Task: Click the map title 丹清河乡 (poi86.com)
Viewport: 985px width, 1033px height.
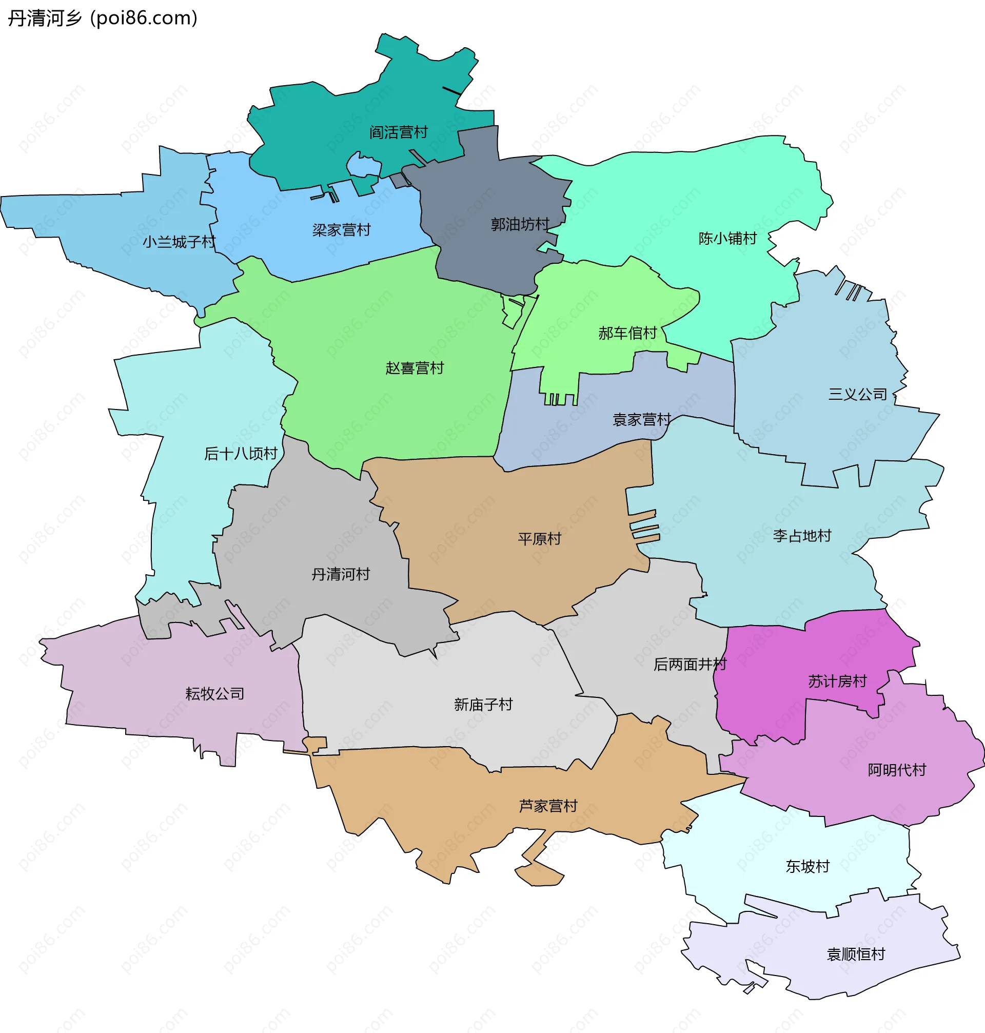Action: (x=103, y=18)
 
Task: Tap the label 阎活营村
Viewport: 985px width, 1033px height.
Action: (x=399, y=132)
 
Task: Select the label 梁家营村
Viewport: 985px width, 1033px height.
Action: (x=341, y=230)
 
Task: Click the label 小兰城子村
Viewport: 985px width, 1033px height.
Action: (x=179, y=242)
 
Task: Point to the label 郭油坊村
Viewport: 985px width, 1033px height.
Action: (x=520, y=225)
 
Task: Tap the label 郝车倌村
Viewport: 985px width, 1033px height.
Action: (x=627, y=333)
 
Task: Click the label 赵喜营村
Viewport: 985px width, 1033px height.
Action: (x=415, y=368)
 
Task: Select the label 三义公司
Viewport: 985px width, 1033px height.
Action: (x=857, y=395)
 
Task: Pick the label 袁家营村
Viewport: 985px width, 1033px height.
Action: (x=642, y=420)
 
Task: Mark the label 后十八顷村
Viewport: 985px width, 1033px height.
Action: (x=241, y=454)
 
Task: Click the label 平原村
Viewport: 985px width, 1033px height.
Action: (x=539, y=539)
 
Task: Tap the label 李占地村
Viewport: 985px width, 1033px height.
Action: (x=802, y=536)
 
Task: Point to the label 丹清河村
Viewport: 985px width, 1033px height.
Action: (x=341, y=574)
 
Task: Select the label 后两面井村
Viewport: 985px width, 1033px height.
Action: (x=689, y=665)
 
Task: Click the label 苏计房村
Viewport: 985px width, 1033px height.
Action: (x=837, y=681)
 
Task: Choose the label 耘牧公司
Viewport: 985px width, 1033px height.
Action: (x=215, y=694)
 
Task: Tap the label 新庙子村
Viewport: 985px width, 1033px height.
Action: (x=483, y=704)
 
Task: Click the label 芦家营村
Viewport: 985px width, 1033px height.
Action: (x=548, y=806)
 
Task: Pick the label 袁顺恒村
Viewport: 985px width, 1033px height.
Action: (x=856, y=953)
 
